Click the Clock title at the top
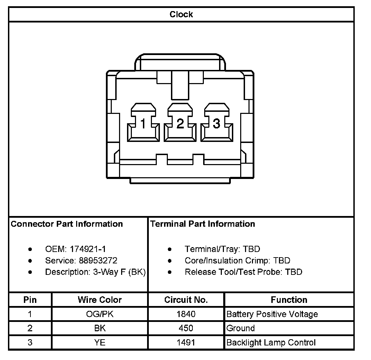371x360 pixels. click(181, 15)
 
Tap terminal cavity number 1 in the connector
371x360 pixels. click(143, 123)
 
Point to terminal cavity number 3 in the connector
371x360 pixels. click(216, 123)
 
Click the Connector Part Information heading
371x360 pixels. click(67, 224)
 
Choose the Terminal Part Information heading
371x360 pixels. click(202, 224)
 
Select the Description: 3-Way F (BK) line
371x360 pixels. click(95, 272)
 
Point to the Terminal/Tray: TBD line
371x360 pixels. click(222, 249)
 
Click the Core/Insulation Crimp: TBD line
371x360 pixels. click(237, 260)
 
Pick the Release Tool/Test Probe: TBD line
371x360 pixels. click(243, 272)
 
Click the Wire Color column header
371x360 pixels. click(100, 300)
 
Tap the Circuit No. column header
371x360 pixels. click(186, 300)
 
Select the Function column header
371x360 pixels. click(289, 300)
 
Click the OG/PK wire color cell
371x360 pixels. click(100, 314)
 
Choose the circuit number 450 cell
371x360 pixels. click(186, 328)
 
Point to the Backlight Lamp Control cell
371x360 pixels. click(271, 343)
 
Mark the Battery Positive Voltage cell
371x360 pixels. click(272, 314)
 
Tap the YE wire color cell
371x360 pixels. click(100, 343)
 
